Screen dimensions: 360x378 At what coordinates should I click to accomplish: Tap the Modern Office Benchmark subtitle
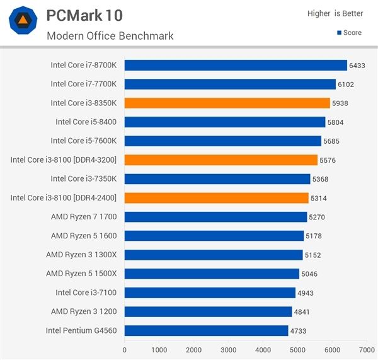click(110, 35)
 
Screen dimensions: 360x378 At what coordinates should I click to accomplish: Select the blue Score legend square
click(340, 33)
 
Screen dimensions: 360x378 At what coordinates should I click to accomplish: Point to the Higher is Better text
click(335, 13)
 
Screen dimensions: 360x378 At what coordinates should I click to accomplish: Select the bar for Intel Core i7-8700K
click(236, 65)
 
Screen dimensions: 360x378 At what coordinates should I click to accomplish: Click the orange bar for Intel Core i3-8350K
click(227, 103)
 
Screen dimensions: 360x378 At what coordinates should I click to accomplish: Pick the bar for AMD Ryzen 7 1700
click(215, 217)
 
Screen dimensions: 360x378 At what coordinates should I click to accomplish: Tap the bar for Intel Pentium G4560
click(206, 330)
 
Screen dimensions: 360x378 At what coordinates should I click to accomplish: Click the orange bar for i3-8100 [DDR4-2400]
click(216, 198)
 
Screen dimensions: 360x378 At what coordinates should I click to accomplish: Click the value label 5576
click(328, 160)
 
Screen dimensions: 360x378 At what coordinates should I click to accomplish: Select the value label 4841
click(302, 311)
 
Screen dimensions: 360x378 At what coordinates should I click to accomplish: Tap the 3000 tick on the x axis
click(228, 349)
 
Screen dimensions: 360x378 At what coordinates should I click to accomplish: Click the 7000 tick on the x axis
click(366, 349)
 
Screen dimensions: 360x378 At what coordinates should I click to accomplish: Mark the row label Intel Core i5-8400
click(90, 122)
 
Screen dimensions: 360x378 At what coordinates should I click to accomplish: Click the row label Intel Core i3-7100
click(90, 293)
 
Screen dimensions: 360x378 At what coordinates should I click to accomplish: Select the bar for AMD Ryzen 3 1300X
click(214, 255)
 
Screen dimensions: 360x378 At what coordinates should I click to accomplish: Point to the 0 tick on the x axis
click(125, 349)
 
